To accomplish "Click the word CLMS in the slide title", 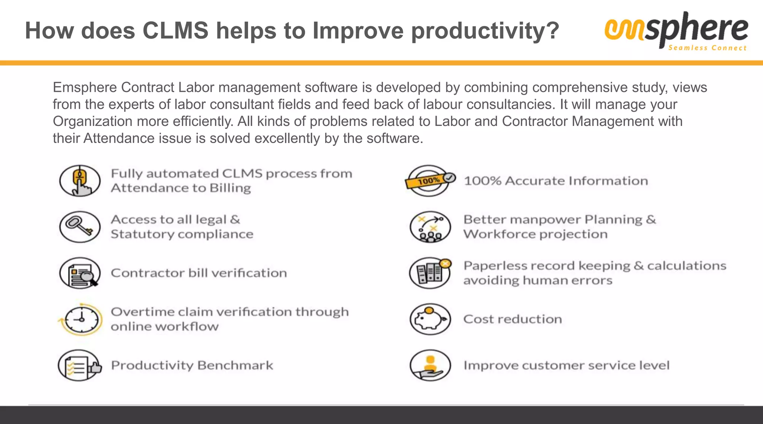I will coord(175,31).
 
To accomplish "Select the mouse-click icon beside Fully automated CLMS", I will coord(80,181).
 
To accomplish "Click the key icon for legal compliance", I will coord(80,227).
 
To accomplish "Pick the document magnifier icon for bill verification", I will coord(80,273).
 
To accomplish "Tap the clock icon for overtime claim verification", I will coord(80,319).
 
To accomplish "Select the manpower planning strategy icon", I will coord(430,227).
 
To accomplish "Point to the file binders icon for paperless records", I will coord(430,273).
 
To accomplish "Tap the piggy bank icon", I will coord(430,319).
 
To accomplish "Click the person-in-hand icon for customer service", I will coord(430,366).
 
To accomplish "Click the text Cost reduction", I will coord(512,319).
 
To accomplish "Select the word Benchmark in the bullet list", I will coord(235,366).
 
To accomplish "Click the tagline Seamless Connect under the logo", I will coord(707,48).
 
